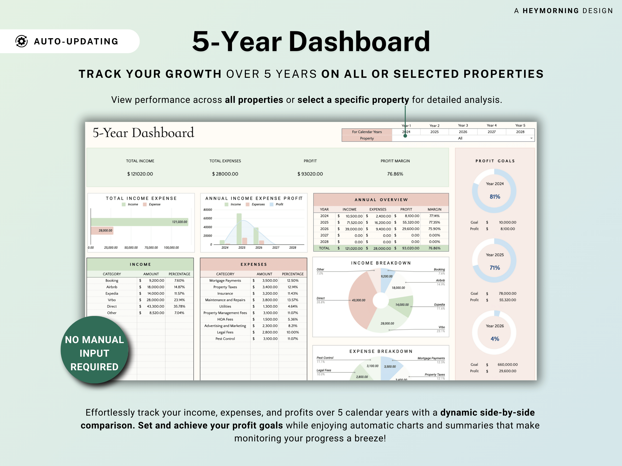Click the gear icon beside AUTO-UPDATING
coord(22,41)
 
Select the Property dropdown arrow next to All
coord(531,138)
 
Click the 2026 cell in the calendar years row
coord(463,132)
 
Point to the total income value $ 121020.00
coord(140,174)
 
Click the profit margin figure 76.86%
coord(395,174)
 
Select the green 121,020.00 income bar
coord(139,222)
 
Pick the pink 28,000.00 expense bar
coord(102,231)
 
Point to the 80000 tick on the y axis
coord(208,210)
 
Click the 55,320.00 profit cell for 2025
coord(411,223)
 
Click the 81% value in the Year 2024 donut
coord(495,197)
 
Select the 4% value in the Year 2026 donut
coord(495,339)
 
